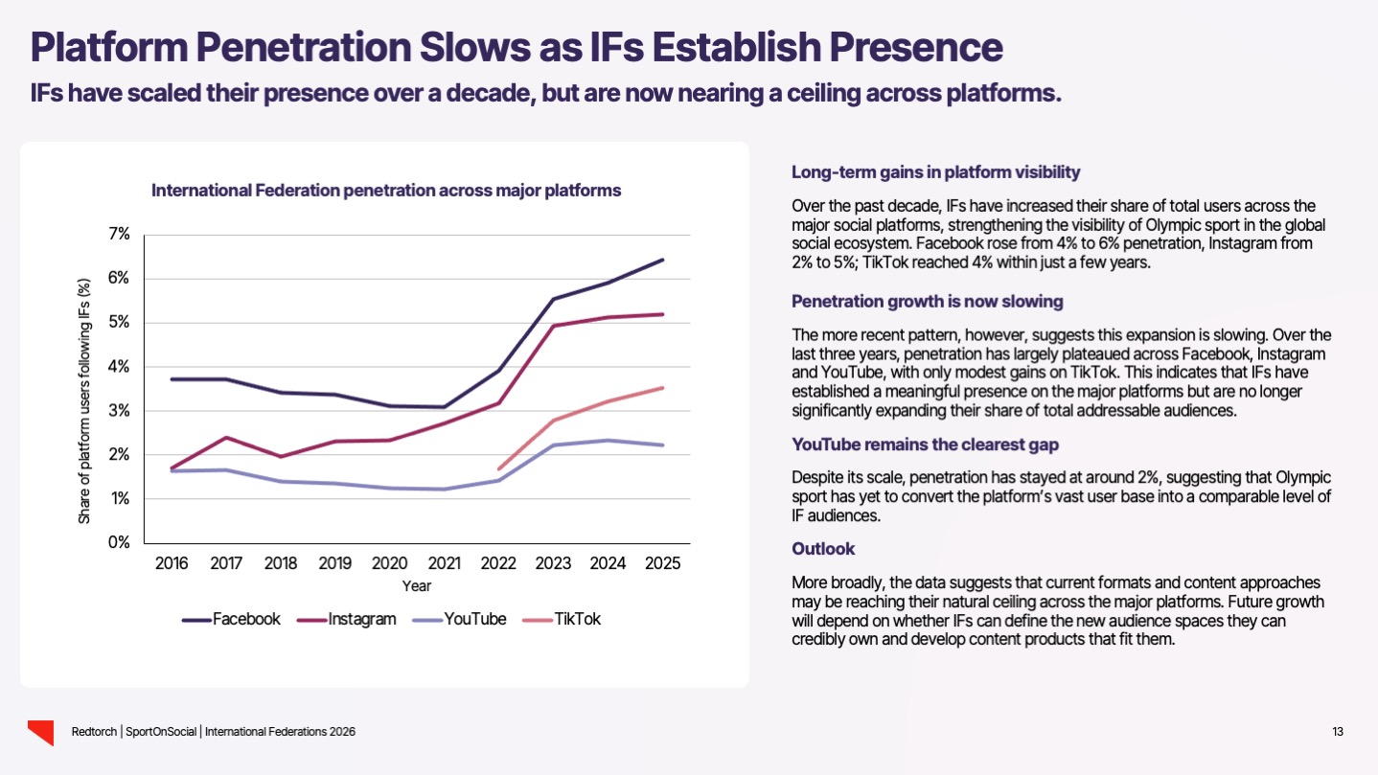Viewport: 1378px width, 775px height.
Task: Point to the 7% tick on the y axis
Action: point(120,235)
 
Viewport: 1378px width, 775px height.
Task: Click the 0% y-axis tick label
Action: point(119,542)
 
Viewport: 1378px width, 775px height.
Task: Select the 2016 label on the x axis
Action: point(172,563)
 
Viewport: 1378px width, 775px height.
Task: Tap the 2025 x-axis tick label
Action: point(661,563)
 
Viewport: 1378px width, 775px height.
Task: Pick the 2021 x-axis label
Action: point(444,563)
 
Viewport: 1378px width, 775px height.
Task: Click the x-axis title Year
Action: point(417,585)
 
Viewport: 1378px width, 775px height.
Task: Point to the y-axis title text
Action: point(84,401)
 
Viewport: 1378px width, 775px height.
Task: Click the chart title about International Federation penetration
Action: point(386,191)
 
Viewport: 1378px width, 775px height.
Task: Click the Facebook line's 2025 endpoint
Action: point(662,260)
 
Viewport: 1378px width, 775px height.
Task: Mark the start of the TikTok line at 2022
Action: point(499,468)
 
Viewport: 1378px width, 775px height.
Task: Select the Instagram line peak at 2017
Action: point(226,438)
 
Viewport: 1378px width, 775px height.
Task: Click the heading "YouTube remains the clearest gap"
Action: point(925,444)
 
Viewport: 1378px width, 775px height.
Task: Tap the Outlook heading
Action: point(823,549)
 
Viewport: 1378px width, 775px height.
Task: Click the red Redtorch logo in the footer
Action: point(39,732)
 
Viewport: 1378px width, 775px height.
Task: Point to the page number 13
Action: point(1338,733)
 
